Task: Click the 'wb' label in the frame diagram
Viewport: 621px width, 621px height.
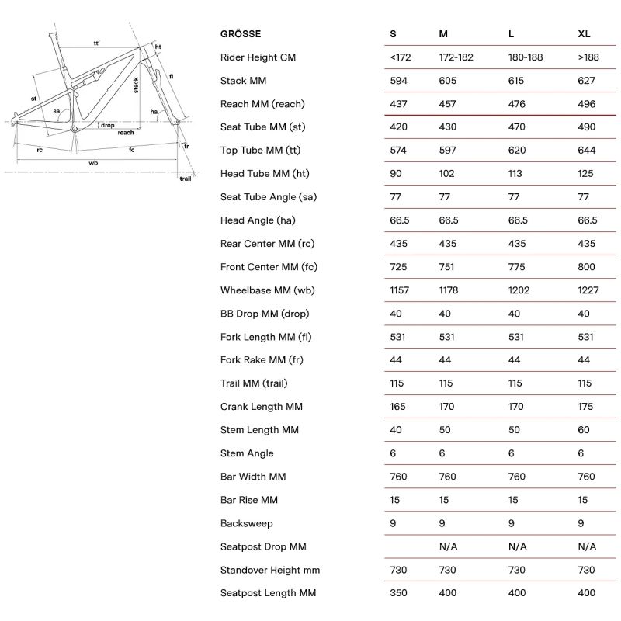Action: [x=93, y=164]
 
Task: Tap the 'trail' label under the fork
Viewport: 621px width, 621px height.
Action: [x=185, y=179]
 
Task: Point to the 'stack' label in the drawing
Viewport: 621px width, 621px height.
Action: [x=137, y=85]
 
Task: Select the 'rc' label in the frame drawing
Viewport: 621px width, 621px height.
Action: [x=40, y=150]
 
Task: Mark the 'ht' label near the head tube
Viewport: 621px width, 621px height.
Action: [x=158, y=47]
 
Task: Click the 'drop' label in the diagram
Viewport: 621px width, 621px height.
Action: [x=108, y=125]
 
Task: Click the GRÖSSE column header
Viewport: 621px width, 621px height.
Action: [x=241, y=34]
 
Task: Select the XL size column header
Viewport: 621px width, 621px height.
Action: [x=585, y=34]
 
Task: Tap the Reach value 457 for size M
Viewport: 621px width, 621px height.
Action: [x=449, y=104]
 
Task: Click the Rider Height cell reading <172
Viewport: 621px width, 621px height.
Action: [x=402, y=57]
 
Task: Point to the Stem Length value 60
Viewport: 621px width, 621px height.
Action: [x=585, y=430]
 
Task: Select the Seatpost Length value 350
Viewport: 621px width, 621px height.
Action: [x=399, y=593]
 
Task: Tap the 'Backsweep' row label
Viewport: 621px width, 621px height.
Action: [x=247, y=523]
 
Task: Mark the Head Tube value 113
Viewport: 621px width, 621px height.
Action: [x=515, y=174]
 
